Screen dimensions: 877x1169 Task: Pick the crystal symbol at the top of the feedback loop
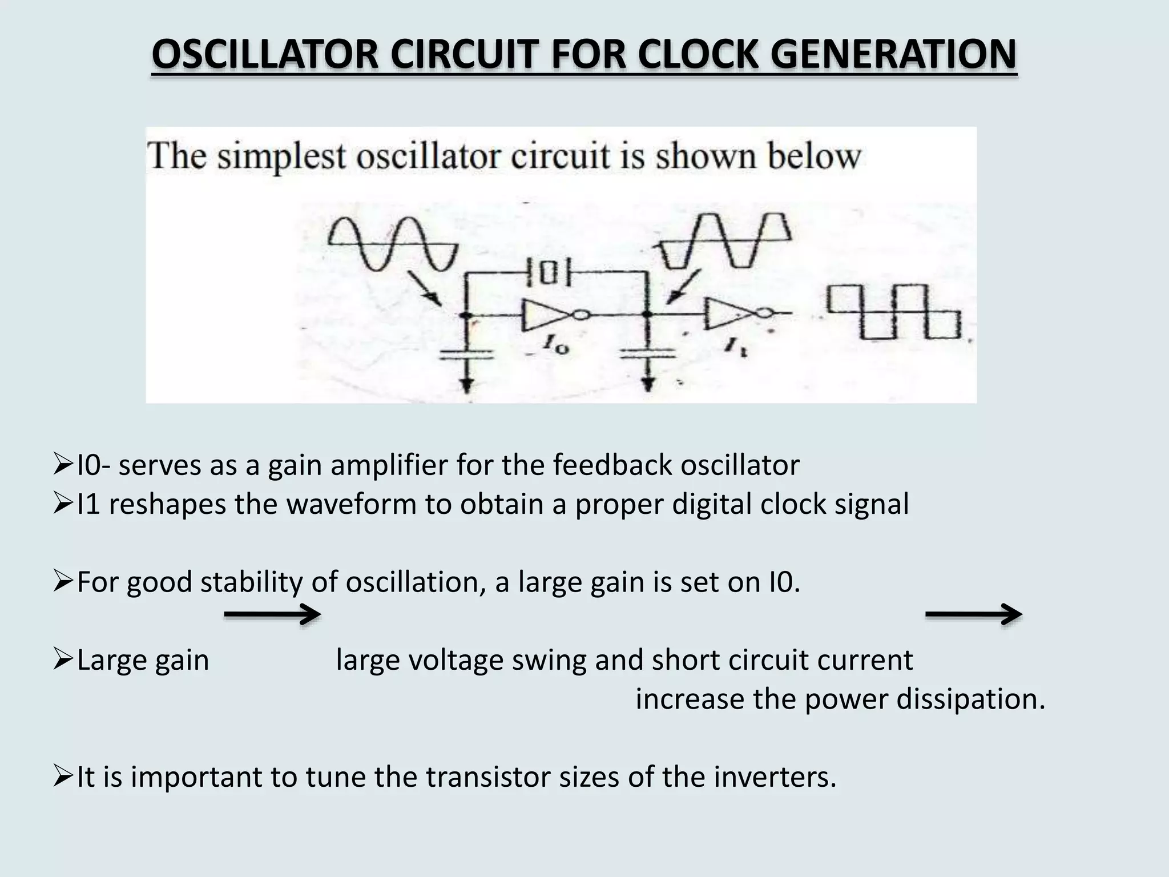click(x=547, y=273)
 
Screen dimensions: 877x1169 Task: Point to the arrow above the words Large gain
click(x=272, y=615)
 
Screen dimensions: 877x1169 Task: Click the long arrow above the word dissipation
click(x=973, y=615)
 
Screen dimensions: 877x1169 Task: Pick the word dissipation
click(x=970, y=699)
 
